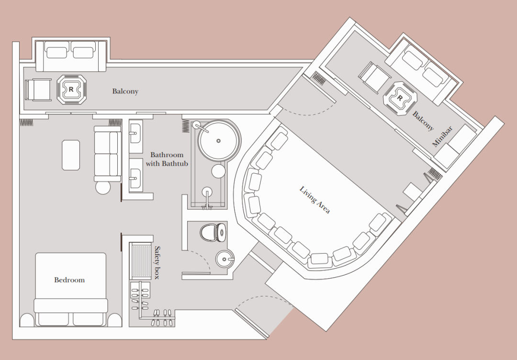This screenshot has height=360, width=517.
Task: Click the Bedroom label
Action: coord(69,280)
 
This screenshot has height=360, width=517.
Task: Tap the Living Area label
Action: coord(315,200)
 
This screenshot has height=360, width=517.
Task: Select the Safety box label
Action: coord(157,262)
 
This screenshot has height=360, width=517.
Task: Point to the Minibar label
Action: coord(442,136)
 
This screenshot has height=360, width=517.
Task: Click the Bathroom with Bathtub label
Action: coord(167,159)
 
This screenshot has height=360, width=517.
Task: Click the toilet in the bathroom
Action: coord(213,232)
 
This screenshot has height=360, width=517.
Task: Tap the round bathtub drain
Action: coord(218,141)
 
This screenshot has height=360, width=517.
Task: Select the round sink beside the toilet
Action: coord(225,259)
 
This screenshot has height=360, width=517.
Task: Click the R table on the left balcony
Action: coord(71,90)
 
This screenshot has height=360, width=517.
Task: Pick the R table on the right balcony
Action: coord(400,98)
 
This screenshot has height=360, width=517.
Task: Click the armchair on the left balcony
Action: coord(38,90)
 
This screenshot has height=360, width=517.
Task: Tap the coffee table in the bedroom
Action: coord(71,155)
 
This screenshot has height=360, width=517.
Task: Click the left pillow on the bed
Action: coord(54,319)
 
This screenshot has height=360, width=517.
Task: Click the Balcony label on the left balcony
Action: coord(125,91)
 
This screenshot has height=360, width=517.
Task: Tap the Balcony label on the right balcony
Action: coord(423,121)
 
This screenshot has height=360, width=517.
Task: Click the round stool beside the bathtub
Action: coord(218,171)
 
